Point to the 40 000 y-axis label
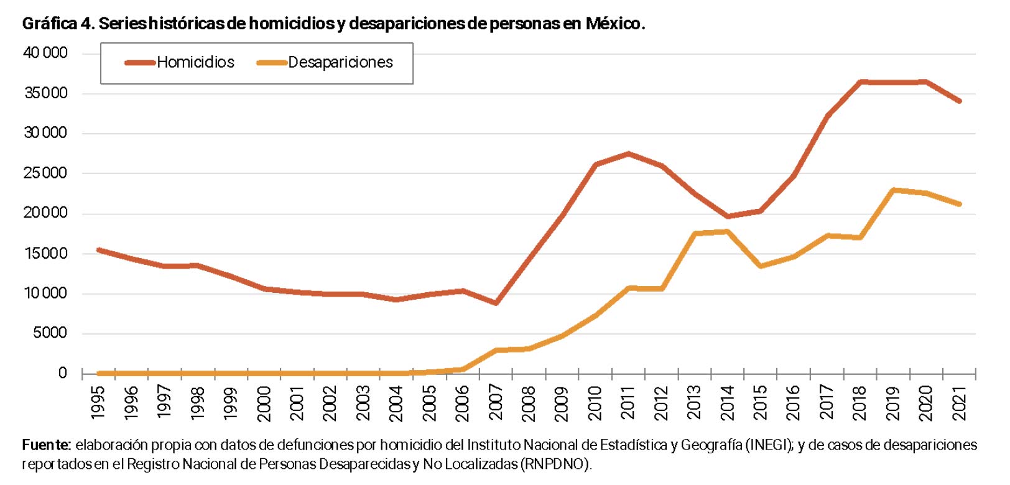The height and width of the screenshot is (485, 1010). pos(45,53)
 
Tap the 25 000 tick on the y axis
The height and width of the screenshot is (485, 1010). pos(45,173)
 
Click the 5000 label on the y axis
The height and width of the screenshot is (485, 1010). pos(50,333)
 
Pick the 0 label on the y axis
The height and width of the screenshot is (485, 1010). pos(63,373)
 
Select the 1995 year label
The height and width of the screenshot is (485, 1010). pos(98,402)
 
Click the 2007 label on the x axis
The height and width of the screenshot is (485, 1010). pos(496,402)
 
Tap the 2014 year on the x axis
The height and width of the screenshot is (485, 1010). pos(727,402)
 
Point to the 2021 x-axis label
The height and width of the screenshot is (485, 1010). pos(959,402)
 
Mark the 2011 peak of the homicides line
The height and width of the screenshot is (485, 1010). pos(629,154)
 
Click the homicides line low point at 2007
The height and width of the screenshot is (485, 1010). pos(496,303)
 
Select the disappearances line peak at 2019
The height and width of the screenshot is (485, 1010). pos(893,190)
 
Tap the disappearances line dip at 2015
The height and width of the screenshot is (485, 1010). pos(761,266)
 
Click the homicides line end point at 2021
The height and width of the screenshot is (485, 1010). pos(959,101)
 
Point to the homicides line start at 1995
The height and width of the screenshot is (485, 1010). pos(98,250)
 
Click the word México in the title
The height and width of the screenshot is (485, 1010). pos(613,24)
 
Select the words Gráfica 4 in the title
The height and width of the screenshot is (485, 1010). pos(58,24)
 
